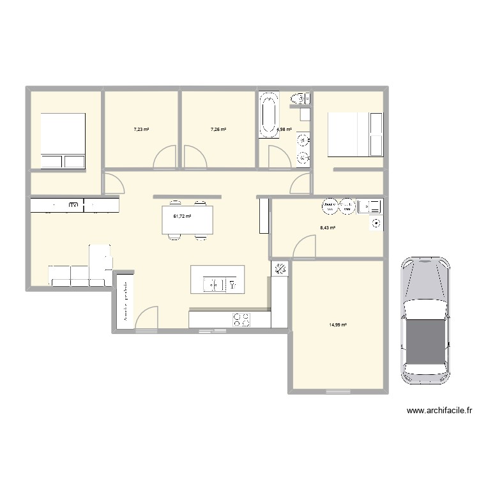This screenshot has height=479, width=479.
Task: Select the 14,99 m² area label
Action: tap(338, 324)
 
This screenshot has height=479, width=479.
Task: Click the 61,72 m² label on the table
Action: tap(182, 217)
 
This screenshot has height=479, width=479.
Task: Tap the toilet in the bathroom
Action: tap(298, 98)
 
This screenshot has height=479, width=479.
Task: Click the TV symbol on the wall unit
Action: tap(73, 206)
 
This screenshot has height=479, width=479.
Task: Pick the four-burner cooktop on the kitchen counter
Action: tap(241, 319)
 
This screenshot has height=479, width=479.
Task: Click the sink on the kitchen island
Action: tap(212, 283)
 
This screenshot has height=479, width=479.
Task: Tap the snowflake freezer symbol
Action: tap(278, 270)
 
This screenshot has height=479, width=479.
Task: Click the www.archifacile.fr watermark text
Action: tap(439, 411)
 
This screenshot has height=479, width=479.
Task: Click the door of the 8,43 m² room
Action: tap(305, 247)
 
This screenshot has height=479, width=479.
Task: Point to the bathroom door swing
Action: tap(278, 157)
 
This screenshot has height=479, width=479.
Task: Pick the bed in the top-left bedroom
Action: tap(63, 141)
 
